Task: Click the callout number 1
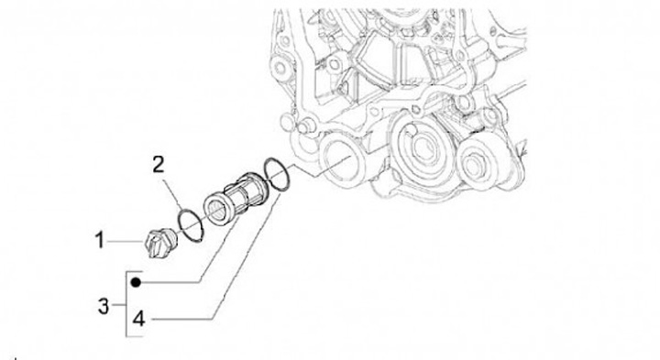99,240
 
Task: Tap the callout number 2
158,165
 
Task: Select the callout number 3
104,306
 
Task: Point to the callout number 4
139,319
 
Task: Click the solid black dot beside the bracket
136,282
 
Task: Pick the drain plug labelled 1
160,243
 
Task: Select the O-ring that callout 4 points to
277,174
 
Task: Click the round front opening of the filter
218,209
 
